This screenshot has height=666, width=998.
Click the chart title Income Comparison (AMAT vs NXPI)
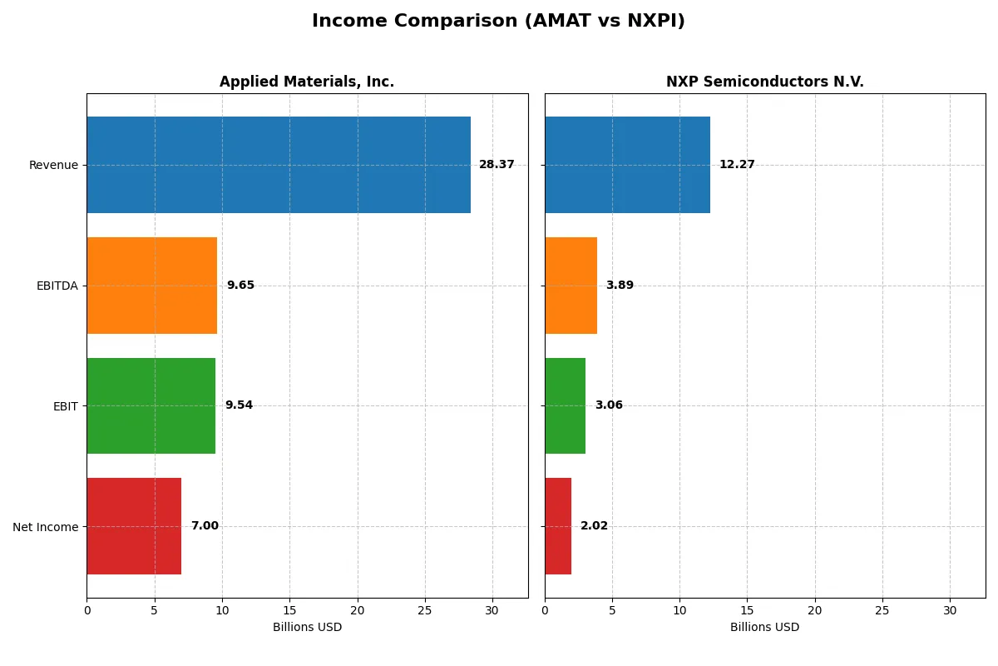tap(498, 21)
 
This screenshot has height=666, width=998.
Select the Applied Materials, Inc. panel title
tap(307, 82)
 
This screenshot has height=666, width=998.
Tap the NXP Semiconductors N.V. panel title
tap(764, 82)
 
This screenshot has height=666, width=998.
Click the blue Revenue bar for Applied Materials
tap(279, 165)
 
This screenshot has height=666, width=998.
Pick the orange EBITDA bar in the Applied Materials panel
tap(151, 286)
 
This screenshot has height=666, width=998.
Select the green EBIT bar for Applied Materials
tap(151, 405)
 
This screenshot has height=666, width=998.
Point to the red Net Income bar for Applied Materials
tap(134, 526)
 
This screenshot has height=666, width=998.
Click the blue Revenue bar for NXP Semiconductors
tap(627, 165)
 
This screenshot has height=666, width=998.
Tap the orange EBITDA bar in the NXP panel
tap(571, 286)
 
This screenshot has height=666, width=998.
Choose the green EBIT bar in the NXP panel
tap(565, 405)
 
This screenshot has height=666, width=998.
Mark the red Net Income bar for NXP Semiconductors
tap(558, 526)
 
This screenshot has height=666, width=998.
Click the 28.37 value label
tap(497, 165)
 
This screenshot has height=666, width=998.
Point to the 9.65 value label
tap(240, 286)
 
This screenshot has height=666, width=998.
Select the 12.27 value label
tap(737, 165)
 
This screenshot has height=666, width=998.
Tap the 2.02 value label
tap(594, 526)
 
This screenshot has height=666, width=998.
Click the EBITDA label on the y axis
tap(57, 286)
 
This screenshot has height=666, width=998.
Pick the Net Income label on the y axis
tap(45, 527)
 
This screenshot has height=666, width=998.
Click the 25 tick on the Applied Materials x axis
tap(425, 611)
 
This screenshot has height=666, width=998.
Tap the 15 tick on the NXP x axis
tap(747, 611)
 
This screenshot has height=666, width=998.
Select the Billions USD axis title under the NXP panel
tap(764, 628)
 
